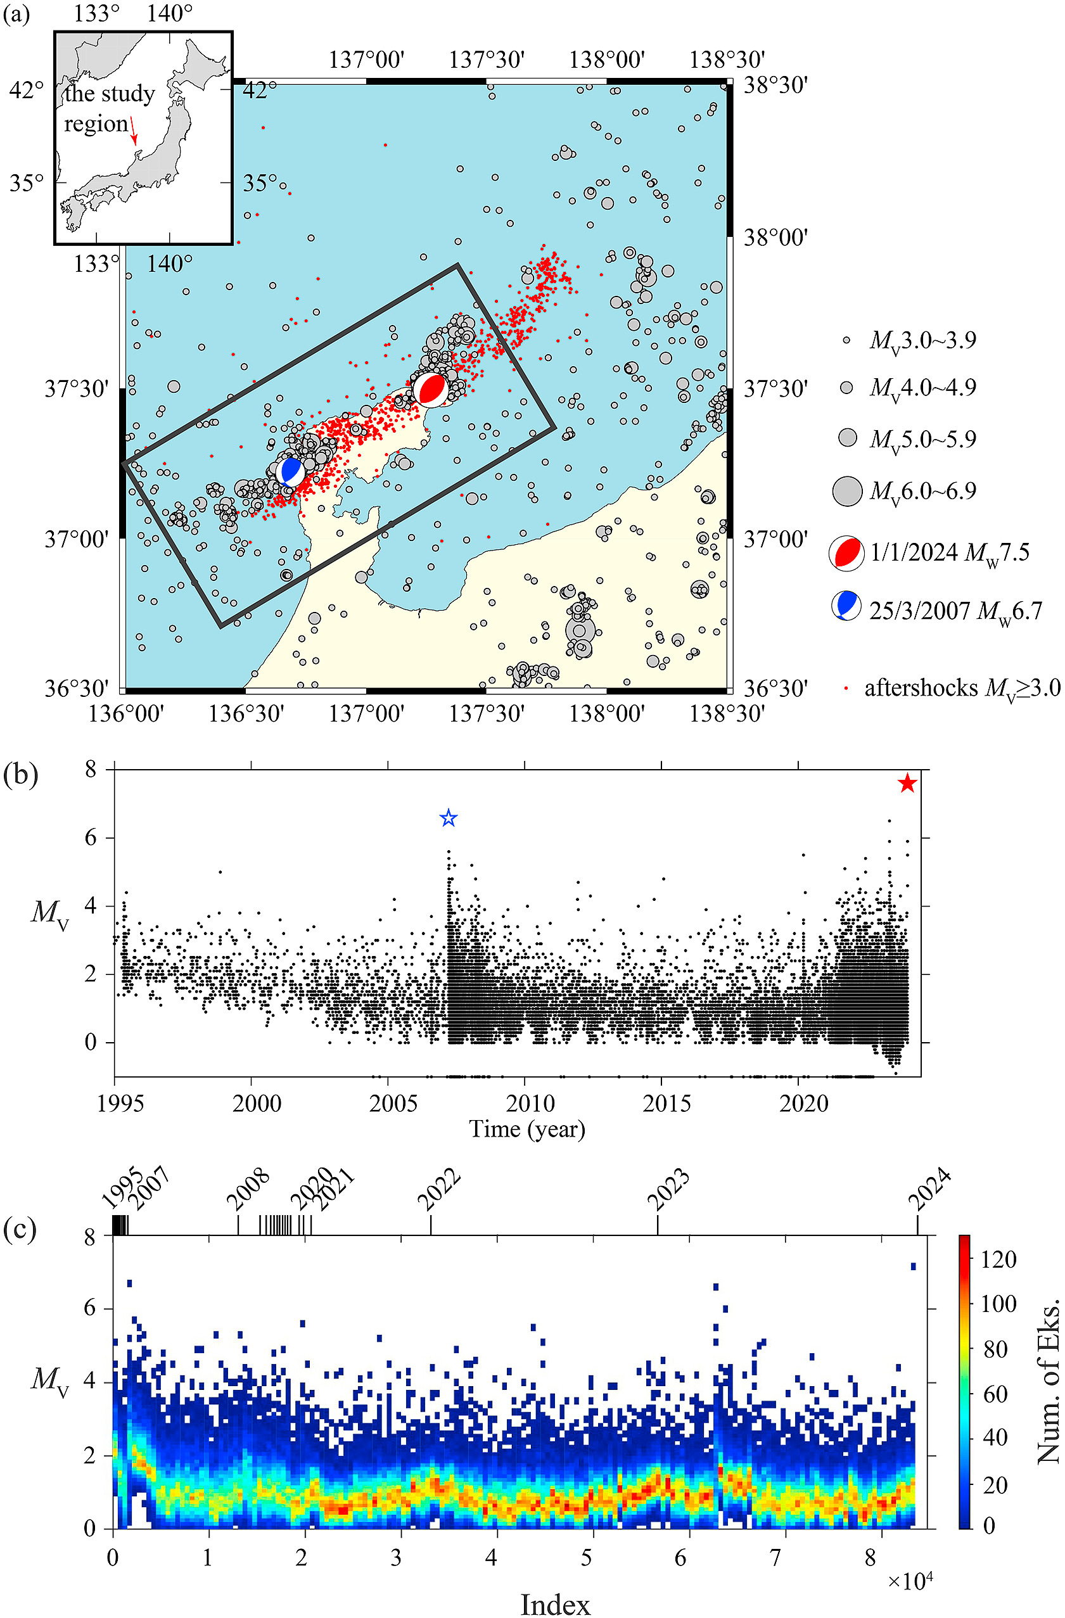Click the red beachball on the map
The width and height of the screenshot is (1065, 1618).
click(430, 390)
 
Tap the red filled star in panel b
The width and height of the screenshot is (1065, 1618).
click(907, 783)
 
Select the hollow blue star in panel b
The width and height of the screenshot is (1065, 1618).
click(448, 818)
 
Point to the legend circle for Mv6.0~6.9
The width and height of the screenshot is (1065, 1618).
click(848, 491)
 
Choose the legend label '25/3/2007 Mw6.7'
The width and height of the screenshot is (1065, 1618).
click(955, 611)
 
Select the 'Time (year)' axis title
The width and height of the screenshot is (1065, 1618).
click(527, 1129)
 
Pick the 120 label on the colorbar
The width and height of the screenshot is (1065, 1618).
click(999, 1259)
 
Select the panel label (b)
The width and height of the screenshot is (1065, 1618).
click(21, 775)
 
